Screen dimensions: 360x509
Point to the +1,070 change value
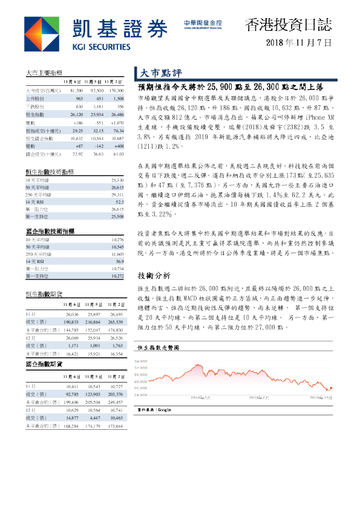click(x=114, y=122)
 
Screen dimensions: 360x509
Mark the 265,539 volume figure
click(x=114, y=323)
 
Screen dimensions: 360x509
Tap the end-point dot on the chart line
click(x=331, y=388)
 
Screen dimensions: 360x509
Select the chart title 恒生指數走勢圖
click(x=159, y=349)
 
